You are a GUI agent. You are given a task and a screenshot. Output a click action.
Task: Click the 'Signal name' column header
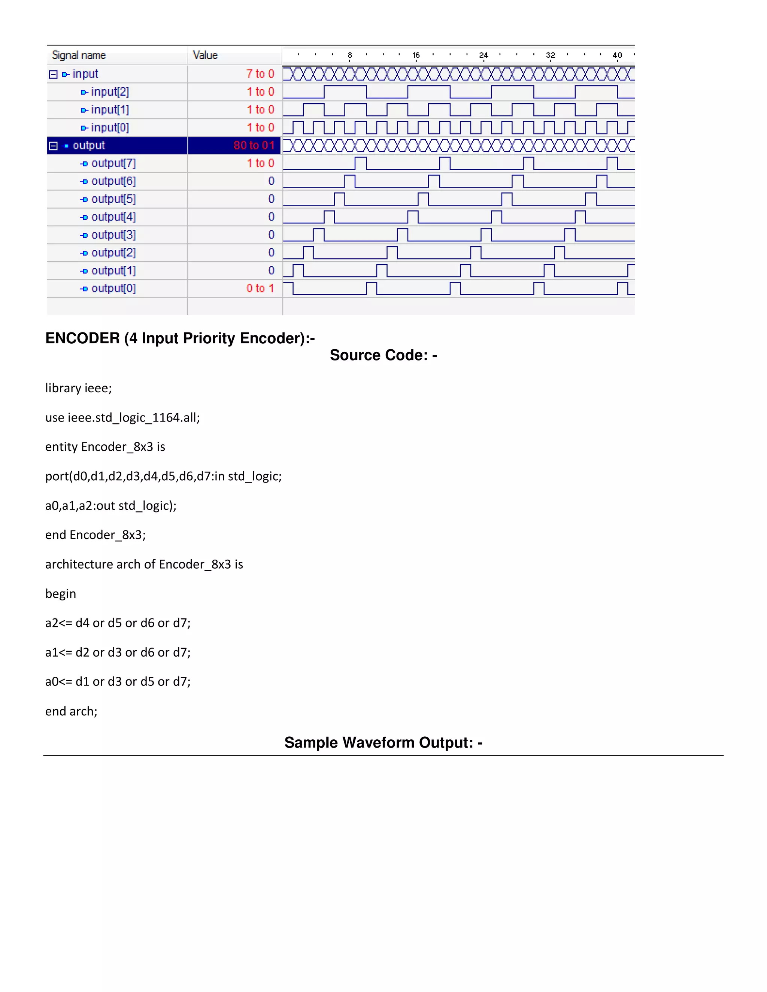[x=79, y=55]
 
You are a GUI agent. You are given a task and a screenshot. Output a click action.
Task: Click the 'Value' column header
[x=205, y=55]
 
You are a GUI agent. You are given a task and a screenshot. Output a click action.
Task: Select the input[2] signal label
[x=110, y=92]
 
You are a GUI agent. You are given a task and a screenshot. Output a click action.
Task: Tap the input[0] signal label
[x=110, y=128]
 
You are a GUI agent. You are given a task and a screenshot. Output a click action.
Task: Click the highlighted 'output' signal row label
[x=89, y=145]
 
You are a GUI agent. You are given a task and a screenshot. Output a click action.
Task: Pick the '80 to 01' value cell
[x=254, y=145]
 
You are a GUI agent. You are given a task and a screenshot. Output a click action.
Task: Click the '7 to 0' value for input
[x=260, y=74]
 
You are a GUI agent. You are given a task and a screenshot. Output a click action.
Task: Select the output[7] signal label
[x=113, y=164]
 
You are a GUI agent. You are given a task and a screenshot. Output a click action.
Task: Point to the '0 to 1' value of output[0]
[x=260, y=288]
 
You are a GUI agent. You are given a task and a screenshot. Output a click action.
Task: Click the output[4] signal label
[x=113, y=217]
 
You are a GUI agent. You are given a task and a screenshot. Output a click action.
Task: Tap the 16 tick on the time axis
[x=416, y=55]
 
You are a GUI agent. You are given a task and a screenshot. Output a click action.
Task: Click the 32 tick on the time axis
[x=550, y=55]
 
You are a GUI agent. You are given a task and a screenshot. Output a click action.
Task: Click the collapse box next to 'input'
[x=53, y=74]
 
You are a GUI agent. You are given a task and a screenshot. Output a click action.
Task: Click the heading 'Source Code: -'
[x=383, y=355]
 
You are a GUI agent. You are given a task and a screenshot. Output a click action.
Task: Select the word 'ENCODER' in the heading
[x=82, y=338]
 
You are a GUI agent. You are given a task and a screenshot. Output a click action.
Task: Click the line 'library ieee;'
[x=78, y=388]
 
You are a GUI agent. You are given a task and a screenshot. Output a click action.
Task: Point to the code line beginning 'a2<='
[x=118, y=623]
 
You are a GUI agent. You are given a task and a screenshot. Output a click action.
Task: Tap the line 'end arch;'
[x=71, y=711]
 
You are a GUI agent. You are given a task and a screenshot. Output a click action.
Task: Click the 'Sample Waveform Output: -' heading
[x=383, y=743]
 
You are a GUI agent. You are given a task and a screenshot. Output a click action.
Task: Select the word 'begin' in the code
[x=60, y=594]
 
